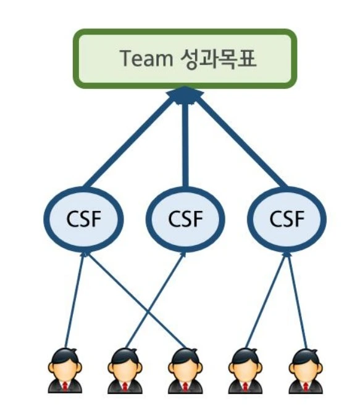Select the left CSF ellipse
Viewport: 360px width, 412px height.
click(x=83, y=218)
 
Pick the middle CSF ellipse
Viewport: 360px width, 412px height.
click(x=185, y=218)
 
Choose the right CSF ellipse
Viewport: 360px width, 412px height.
click(x=287, y=218)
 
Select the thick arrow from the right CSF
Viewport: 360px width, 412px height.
click(x=241, y=142)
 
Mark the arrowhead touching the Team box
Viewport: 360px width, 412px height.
click(x=185, y=94)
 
